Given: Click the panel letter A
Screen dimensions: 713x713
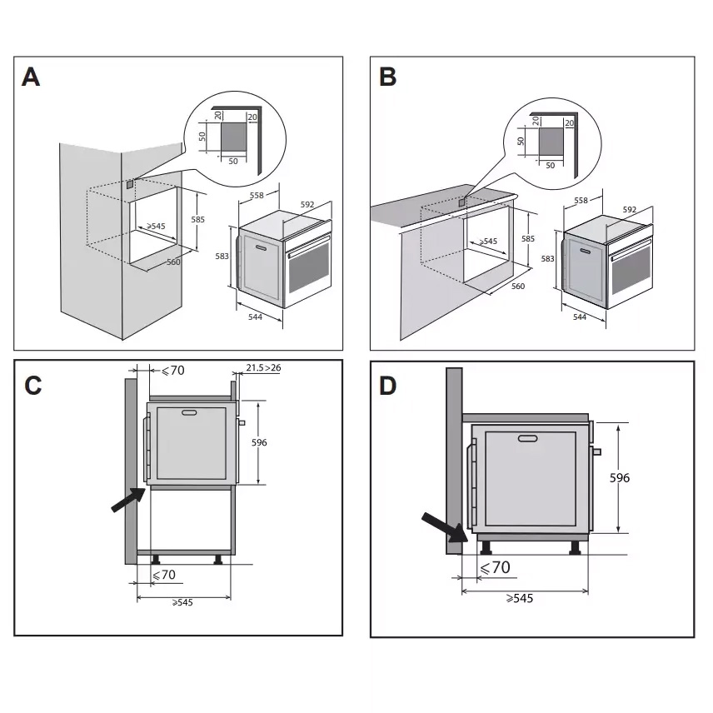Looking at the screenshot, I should (31, 77).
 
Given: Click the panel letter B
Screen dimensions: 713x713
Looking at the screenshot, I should (387, 77).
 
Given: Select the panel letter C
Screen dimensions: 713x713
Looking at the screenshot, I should (33, 386).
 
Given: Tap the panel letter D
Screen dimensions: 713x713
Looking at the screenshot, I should (389, 386).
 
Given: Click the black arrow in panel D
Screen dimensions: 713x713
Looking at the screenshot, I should (442, 528).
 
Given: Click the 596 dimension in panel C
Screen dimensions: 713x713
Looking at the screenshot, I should (259, 442).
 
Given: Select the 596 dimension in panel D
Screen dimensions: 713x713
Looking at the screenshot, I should (618, 477).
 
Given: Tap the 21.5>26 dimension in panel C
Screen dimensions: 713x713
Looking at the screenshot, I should (263, 366).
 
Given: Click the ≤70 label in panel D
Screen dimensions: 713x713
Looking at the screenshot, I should (495, 567).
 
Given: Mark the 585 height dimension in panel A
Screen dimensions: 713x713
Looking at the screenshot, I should (197, 220).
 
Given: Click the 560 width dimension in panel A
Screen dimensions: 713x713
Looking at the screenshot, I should (173, 262).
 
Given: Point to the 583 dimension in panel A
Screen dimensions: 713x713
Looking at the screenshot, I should (222, 257).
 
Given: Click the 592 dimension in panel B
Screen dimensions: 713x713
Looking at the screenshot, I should (629, 210).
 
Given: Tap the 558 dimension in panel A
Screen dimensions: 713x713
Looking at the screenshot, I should (257, 196).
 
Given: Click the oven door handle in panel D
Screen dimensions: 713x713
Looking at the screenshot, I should (527, 438).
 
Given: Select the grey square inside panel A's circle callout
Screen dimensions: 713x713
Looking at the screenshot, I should (233, 137).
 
